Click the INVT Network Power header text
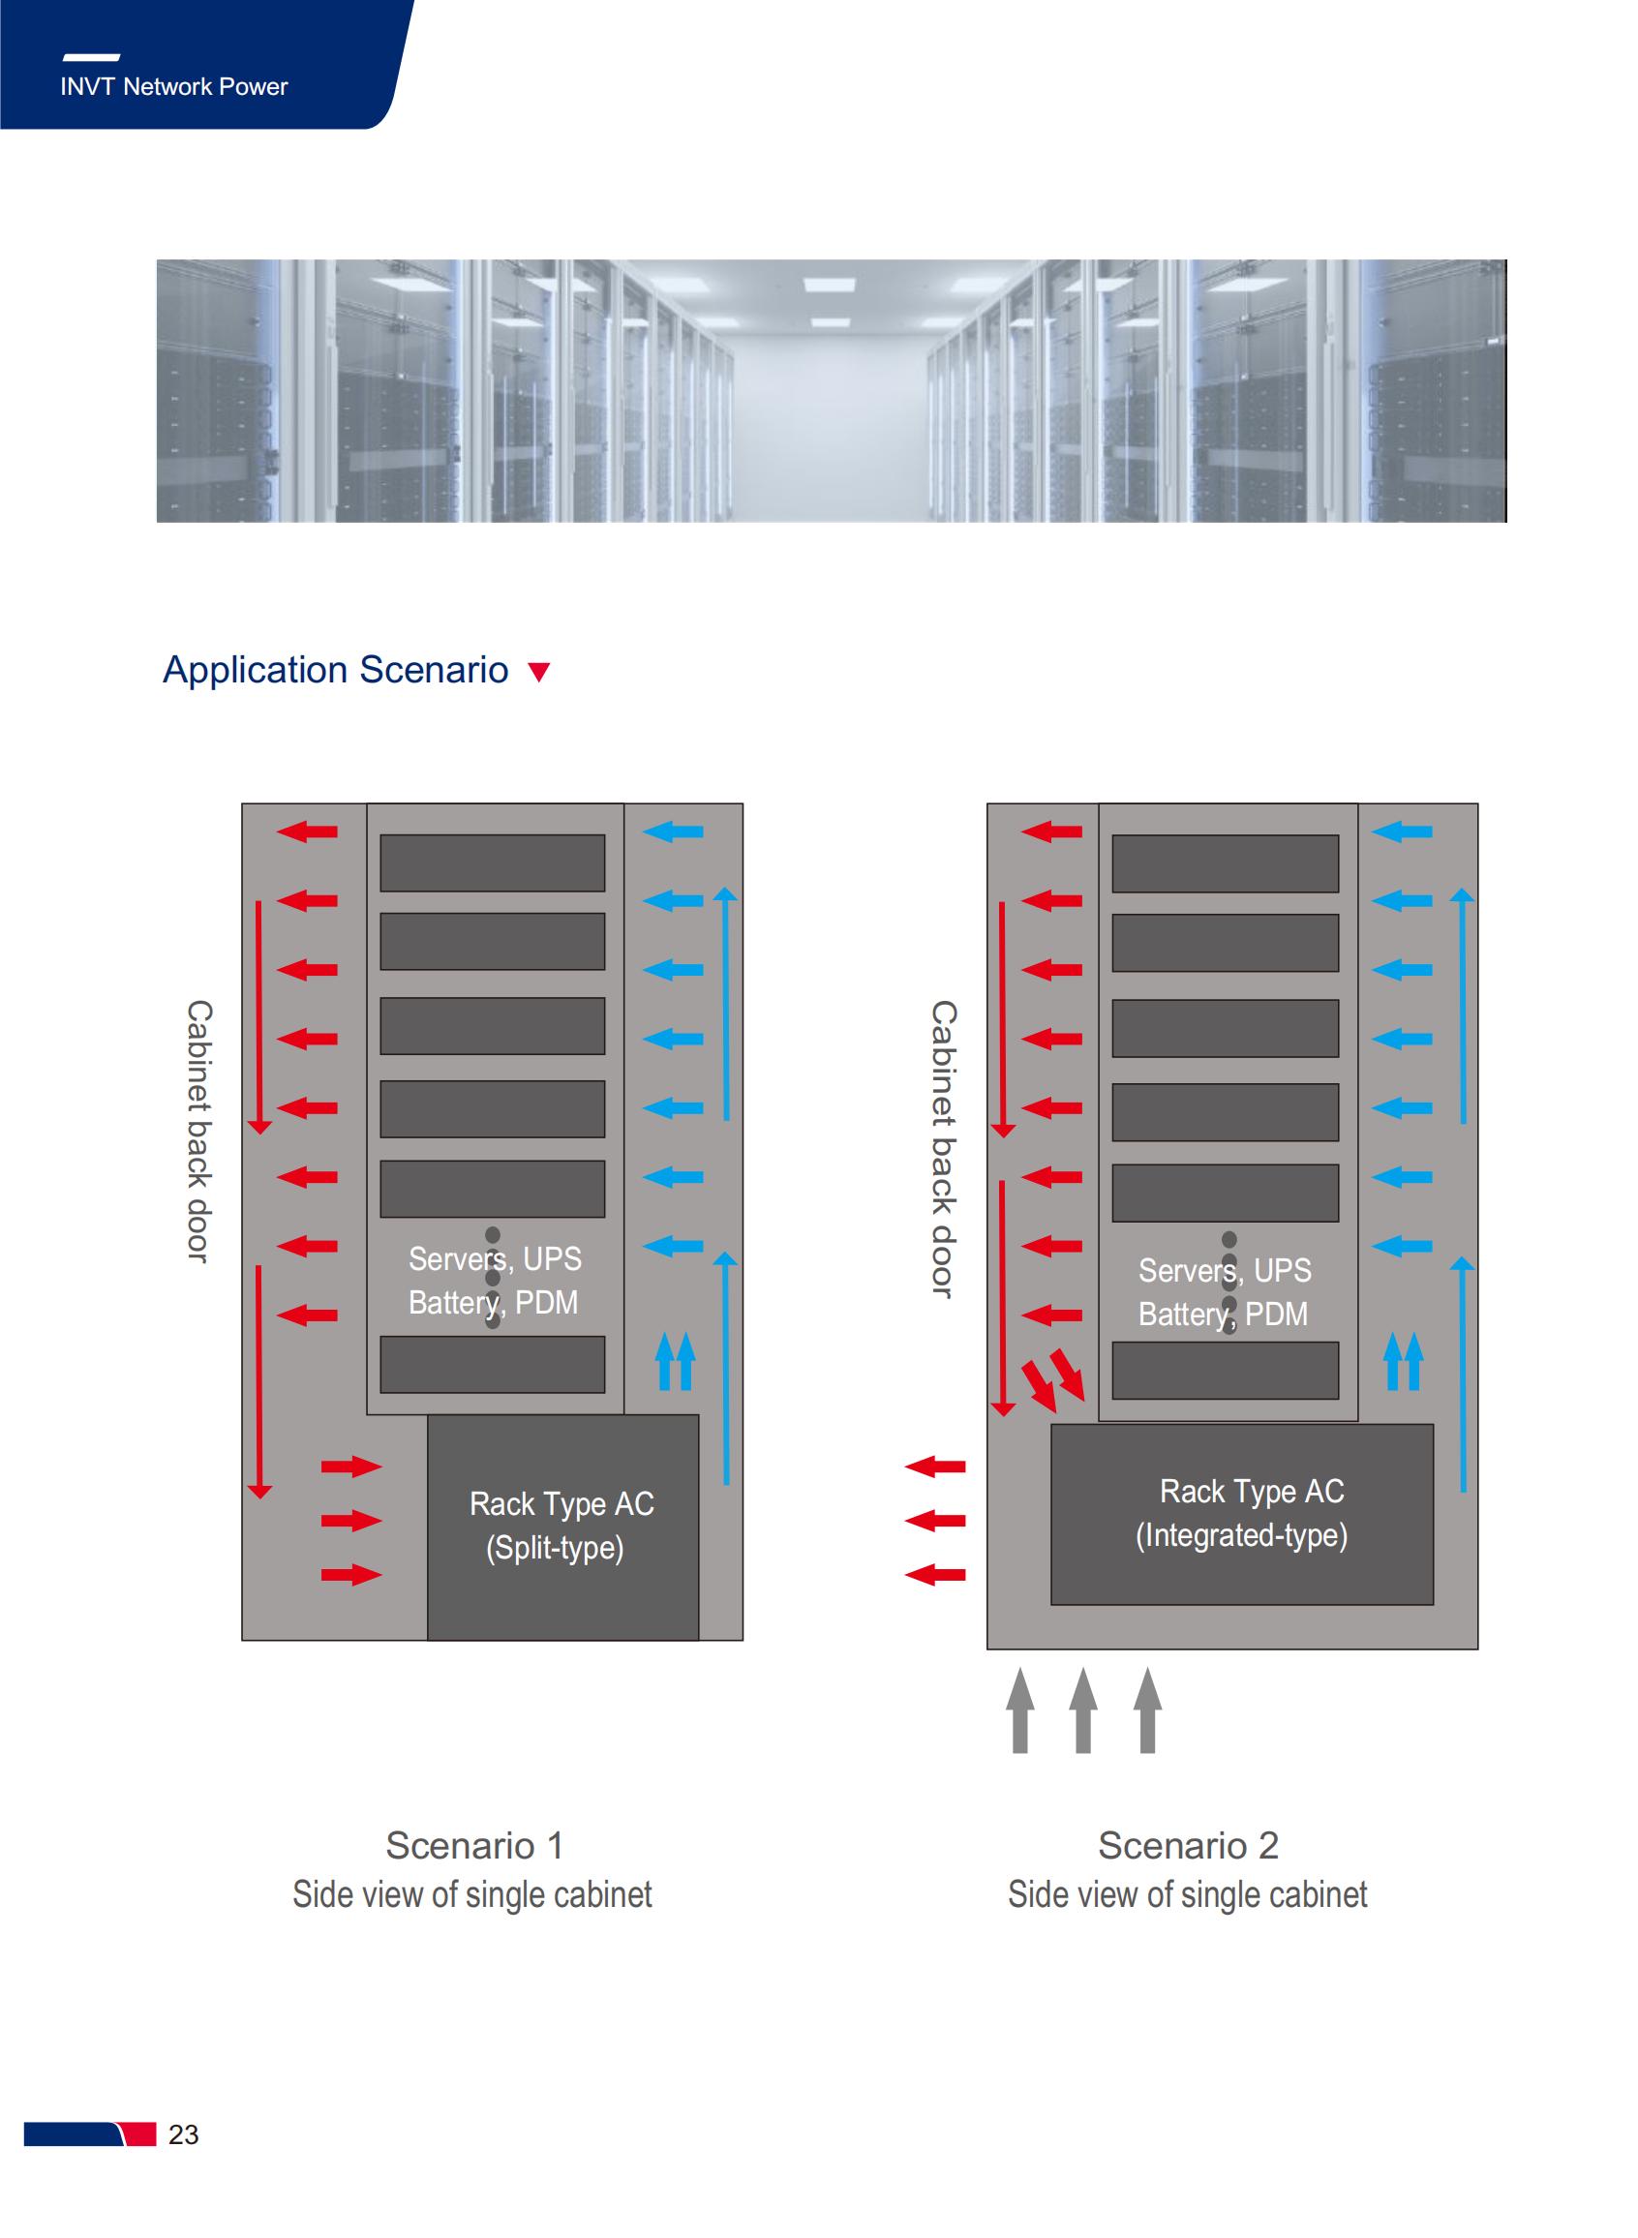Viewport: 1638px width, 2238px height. (173, 86)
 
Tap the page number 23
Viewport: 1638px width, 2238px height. (183, 2133)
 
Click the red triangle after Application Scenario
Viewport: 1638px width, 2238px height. (539, 672)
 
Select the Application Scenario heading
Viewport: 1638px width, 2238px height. (335, 670)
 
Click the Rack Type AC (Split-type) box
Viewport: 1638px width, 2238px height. (562, 1527)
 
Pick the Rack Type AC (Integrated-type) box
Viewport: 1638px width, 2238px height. (1241, 1514)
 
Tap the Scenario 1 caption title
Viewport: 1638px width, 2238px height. (474, 1846)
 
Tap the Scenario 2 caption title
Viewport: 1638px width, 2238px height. (1188, 1846)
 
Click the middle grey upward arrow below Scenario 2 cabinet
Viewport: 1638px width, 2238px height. (1083, 1709)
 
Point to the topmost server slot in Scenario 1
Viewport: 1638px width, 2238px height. (493, 862)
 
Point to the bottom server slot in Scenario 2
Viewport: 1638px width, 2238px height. (1226, 1371)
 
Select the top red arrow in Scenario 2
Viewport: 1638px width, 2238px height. (1051, 832)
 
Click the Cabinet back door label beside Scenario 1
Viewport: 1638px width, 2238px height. (199, 1131)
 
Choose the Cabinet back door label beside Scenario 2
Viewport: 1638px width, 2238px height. (943, 1149)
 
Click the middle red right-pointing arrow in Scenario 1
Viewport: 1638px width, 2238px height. (352, 1521)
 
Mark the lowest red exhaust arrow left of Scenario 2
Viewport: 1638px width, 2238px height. (935, 1574)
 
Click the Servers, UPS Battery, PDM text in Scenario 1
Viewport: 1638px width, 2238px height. (495, 1281)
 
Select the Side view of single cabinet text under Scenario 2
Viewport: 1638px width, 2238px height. (1188, 1894)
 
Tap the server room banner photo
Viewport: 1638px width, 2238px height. (831, 390)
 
